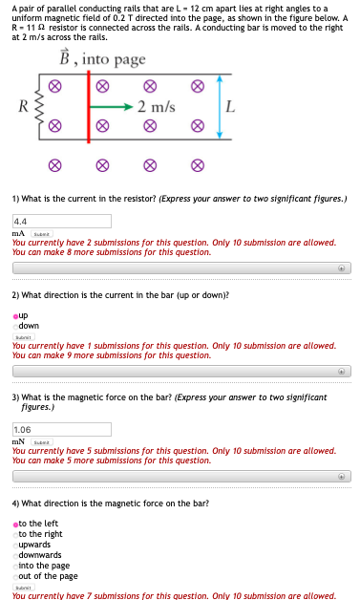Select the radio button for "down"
(15, 325)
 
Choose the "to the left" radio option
(15, 524)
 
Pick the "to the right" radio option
(15, 534)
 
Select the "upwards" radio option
(15, 545)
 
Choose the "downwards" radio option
(15, 555)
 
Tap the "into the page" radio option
(15, 566)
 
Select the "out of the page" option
(15, 576)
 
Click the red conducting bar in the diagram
(90, 105)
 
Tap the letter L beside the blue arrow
(230, 105)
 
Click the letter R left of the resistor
(23, 105)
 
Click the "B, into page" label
(104, 58)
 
